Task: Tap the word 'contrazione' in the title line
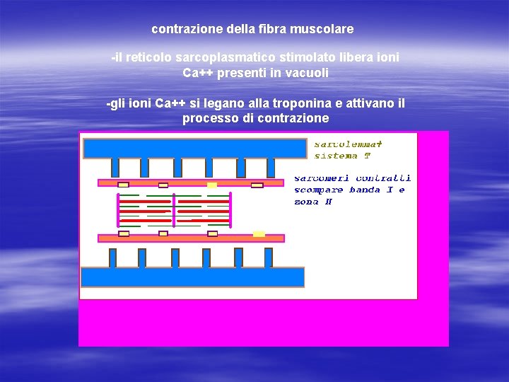[x=182, y=30]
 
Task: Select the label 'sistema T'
[x=342, y=156]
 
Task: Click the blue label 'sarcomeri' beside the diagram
[x=322, y=178]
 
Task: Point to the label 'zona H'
[x=313, y=202]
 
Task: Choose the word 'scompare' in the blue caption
[x=319, y=190]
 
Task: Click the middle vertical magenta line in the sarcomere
[x=175, y=210]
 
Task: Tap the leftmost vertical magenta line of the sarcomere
[x=117, y=210]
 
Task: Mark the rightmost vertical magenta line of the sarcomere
[x=230, y=210]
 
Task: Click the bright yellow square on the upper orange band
[x=212, y=185]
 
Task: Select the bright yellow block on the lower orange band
[x=259, y=233]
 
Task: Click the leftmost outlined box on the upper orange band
[x=124, y=185]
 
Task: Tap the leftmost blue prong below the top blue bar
[x=115, y=168]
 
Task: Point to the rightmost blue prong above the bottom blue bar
[x=268, y=257]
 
